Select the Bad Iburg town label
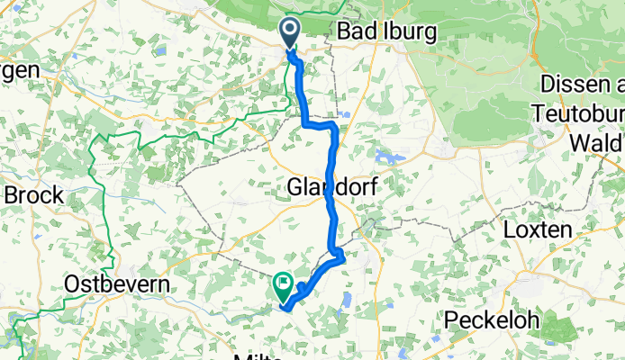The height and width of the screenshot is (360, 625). coord(386,32)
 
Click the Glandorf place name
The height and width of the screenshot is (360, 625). coord(332,188)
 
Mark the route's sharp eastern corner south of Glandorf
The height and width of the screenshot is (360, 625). coord(342,258)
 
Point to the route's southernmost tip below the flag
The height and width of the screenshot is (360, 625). coord(286,309)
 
